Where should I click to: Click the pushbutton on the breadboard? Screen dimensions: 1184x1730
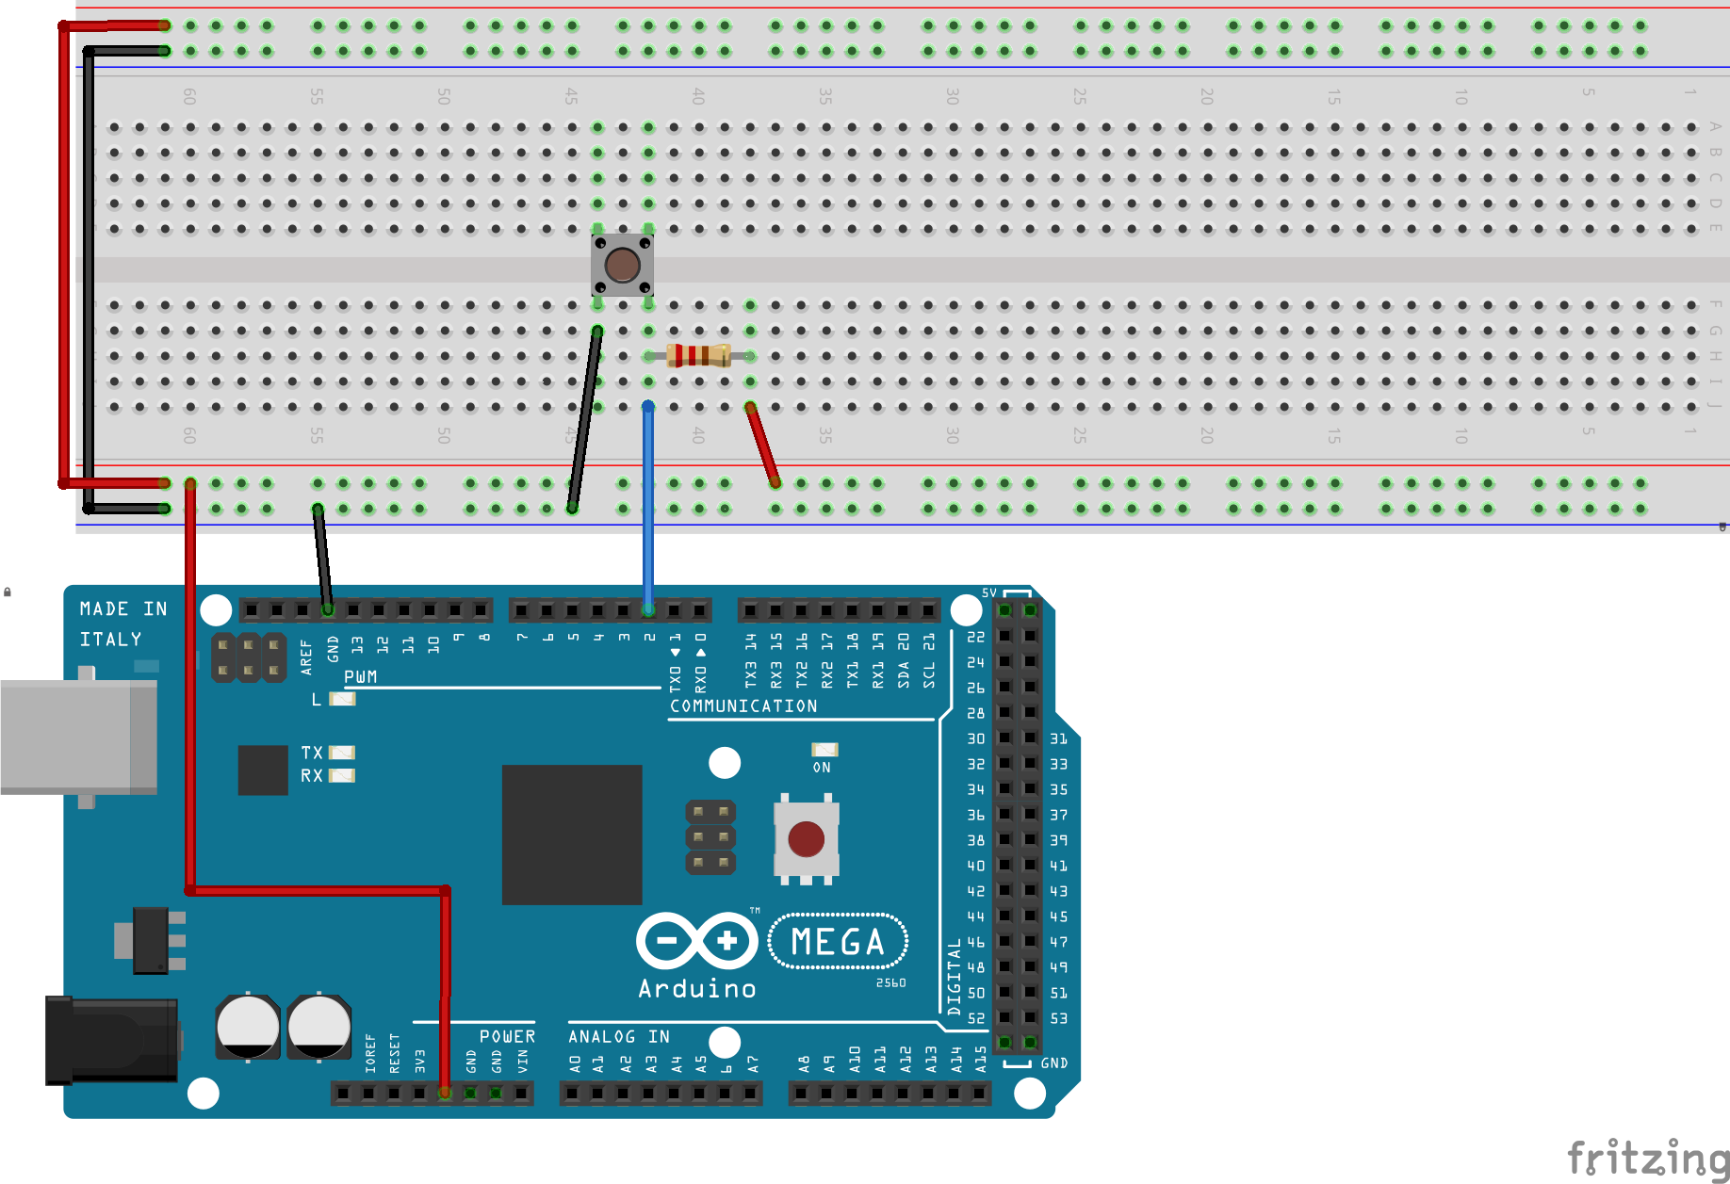click(622, 265)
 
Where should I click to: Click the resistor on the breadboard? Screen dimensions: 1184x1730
click(698, 355)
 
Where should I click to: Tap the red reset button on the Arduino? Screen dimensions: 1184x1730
click(806, 839)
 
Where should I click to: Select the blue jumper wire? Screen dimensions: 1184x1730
click(648, 509)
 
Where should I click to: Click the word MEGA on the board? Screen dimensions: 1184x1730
click(838, 942)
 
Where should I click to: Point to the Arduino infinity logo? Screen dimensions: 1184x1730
click(697, 940)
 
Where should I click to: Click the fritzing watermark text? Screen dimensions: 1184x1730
click(1647, 1158)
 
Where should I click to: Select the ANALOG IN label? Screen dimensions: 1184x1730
click(619, 1037)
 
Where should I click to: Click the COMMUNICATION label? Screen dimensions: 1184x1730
click(743, 706)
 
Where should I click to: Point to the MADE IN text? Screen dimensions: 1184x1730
click(123, 609)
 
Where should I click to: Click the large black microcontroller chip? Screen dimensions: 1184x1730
click(572, 835)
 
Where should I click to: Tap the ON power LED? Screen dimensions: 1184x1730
click(824, 750)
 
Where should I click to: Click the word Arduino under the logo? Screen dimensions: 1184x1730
click(697, 989)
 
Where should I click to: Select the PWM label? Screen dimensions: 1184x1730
click(361, 677)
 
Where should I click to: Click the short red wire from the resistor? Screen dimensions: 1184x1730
click(762, 445)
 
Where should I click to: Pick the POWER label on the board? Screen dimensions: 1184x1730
click(507, 1037)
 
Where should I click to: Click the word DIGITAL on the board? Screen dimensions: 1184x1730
click(955, 977)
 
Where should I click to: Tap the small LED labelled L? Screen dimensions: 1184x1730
click(342, 699)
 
